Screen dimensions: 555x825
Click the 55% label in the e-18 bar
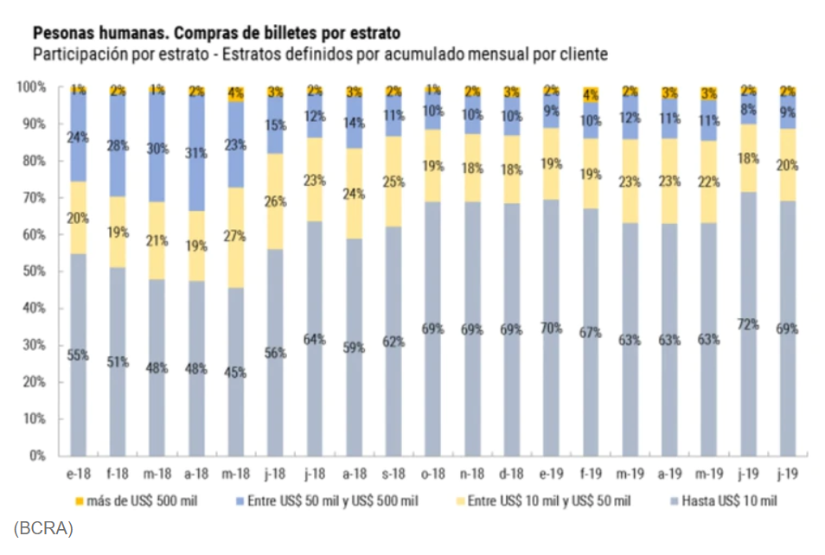point(78,355)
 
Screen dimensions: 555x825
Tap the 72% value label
point(748,324)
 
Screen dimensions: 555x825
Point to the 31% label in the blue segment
point(196,153)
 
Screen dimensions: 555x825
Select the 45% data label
point(235,373)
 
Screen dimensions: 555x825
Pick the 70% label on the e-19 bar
point(552,329)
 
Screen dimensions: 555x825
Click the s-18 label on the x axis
point(393,475)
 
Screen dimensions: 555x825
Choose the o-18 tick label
point(433,475)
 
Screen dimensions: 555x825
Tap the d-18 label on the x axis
point(512,475)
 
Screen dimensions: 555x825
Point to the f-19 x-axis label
point(591,475)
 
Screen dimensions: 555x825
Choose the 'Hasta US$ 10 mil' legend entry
point(726,501)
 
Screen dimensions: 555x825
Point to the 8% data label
point(748,110)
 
